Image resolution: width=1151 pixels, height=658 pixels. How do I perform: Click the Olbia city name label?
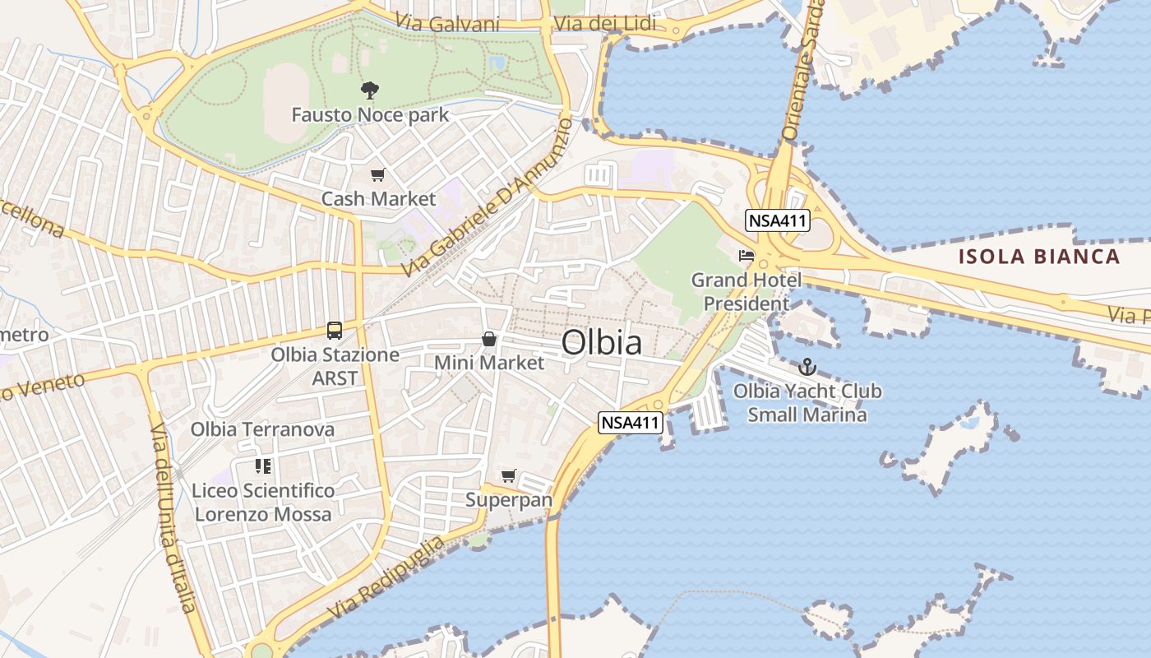click(x=602, y=343)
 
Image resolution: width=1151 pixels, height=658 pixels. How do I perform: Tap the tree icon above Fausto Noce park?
click(x=370, y=90)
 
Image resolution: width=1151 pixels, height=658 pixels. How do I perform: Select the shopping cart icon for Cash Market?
click(x=377, y=174)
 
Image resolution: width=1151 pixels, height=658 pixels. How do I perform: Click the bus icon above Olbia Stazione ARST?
click(x=335, y=331)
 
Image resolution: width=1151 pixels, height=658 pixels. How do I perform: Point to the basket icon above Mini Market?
click(x=489, y=339)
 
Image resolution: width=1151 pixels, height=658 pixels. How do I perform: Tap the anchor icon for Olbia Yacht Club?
click(x=807, y=367)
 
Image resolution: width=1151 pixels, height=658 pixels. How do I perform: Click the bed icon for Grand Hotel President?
click(x=747, y=256)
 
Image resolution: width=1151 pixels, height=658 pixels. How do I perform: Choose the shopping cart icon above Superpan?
click(x=509, y=475)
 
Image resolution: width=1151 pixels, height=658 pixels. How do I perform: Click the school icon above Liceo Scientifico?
click(x=263, y=466)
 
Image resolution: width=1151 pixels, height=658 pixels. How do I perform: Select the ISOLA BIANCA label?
click(x=1039, y=257)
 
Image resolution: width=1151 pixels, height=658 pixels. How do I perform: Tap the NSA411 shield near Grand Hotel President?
click(x=778, y=220)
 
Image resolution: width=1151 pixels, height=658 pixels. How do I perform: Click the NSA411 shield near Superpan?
click(x=630, y=423)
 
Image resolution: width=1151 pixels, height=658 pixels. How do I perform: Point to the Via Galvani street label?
click(x=447, y=23)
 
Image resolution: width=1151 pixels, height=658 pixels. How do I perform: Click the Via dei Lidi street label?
click(x=605, y=24)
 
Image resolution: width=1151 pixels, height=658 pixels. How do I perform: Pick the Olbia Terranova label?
click(x=262, y=429)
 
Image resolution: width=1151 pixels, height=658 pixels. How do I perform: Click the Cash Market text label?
click(x=378, y=199)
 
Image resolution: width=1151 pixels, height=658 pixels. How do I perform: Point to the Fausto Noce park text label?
click(x=370, y=114)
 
